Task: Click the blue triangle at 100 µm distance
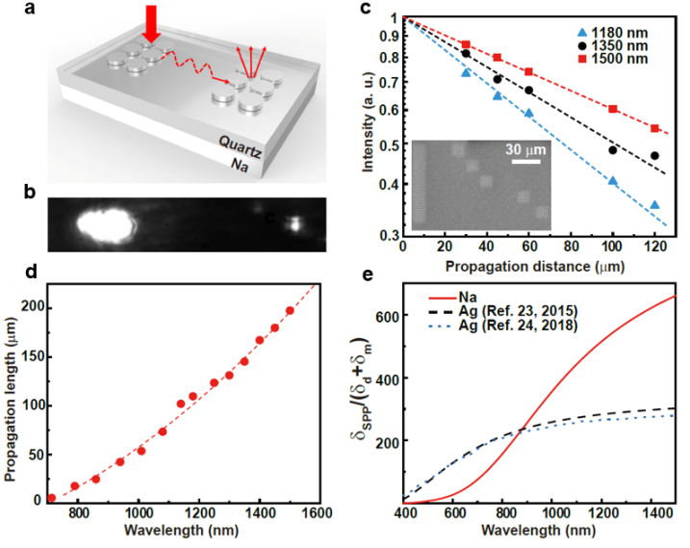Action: click(x=613, y=181)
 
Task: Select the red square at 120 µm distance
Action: click(x=655, y=128)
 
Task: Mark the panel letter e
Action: click(x=365, y=274)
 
